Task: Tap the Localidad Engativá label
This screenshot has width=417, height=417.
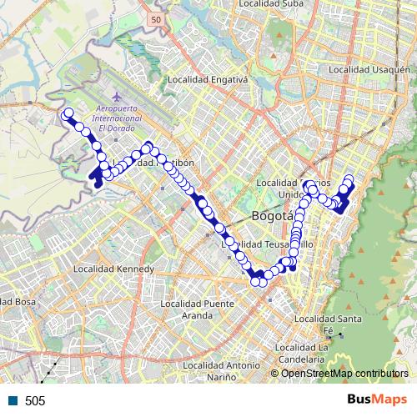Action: pos(208,80)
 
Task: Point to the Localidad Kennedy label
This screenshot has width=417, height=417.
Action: pos(113,269)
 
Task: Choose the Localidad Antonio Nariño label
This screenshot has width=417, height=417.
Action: pos(221,371)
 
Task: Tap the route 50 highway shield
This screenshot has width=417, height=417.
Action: pos(157,18)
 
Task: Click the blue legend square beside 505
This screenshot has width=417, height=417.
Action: pos(13,401)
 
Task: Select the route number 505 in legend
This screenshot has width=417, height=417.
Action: pos(35,401)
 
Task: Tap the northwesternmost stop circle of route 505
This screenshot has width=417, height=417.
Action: pos(68,113)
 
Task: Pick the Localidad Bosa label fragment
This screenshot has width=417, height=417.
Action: pos(17,300)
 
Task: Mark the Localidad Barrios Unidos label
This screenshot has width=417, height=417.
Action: pos(294,188)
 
